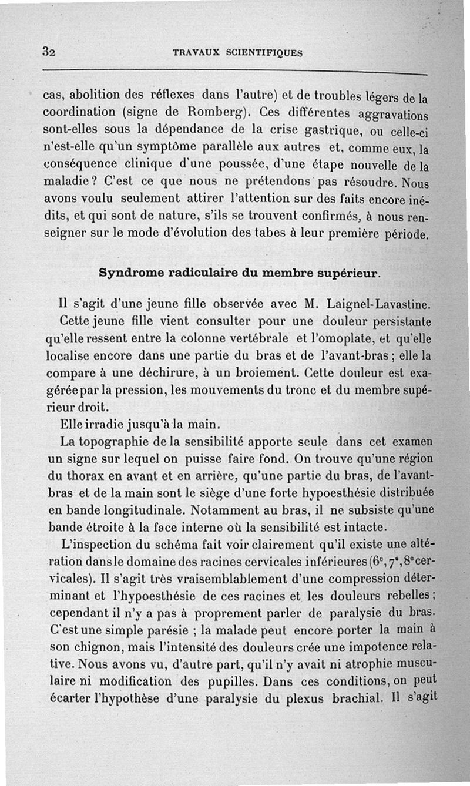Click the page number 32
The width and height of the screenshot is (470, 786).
pos(49,51)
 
